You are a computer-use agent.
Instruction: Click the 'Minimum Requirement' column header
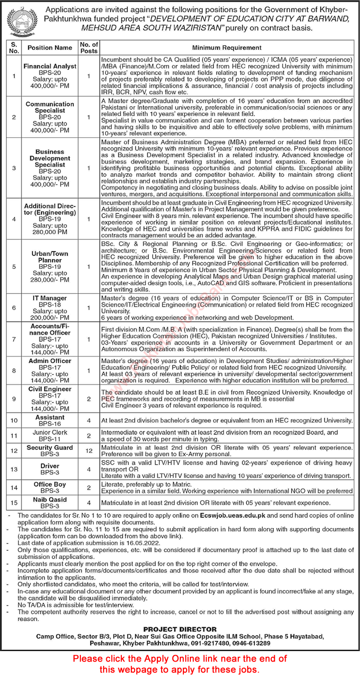coord(227,47)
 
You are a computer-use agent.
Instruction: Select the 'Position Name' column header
coord(50,47)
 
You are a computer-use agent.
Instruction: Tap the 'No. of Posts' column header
coord(89,47)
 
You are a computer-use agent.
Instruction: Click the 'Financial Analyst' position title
coord(50,66)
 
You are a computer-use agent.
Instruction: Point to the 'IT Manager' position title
coord(50,298)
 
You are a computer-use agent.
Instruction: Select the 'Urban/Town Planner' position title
coord(50,257)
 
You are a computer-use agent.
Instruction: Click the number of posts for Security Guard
coord(89,451)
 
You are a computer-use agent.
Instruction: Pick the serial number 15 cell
coord(14,503)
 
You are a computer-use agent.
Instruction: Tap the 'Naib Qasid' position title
coord(50,500)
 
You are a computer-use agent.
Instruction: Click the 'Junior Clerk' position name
coord(50,433)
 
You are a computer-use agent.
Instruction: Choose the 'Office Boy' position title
coord(50,484)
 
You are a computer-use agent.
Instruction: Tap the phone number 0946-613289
coord(251,643)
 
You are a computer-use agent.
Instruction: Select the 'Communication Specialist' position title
coord(50,107)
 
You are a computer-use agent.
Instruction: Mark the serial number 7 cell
coord(14,340)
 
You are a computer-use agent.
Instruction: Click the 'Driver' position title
coord(50,466)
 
